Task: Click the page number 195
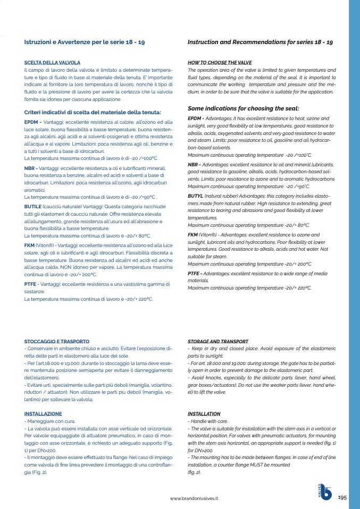[x=342, y=497]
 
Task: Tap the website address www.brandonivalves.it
[x=194, y=499]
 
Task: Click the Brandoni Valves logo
[x=324, y=493]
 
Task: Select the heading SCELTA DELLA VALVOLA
[x=53, y=63]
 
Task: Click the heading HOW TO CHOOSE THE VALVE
[x=220, y=63]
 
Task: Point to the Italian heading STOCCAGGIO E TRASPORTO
[x=57, y=341]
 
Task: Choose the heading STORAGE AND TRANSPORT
[x=218, y=341]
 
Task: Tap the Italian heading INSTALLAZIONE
[x=43, y=413]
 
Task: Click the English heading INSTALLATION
[x=204, y=413]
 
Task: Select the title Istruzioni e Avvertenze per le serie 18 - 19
[x=85, y=42]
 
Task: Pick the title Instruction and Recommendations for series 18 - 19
[x=261, y=42]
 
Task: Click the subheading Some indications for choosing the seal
[x=244, y=108]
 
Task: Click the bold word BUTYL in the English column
[x=196, y=196]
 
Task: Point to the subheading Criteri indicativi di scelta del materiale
[x=93, y=112]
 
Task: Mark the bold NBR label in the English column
[x=195, y=165]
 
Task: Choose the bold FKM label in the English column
[x=193, y=234]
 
